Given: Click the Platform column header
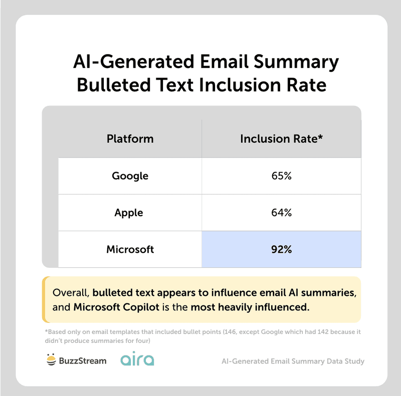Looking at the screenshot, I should tap(130, 139).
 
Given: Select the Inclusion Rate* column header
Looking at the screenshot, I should tap(281, 139).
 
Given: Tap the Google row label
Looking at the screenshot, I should tap(130, 176).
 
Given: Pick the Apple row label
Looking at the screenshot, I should tap(129, 213).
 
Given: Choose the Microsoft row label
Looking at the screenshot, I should tap(130, 249).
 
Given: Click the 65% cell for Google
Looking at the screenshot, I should tap(281, 176).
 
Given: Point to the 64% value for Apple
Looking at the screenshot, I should tap(281, 213).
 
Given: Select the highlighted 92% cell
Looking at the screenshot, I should tap(281, 249).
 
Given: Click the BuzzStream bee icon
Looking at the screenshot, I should tap(51, 360).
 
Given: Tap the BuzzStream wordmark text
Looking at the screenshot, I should tap(83, 360).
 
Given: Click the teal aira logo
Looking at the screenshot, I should tap(137, 360).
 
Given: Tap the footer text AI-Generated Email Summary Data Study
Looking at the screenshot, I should tap(293, 361).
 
